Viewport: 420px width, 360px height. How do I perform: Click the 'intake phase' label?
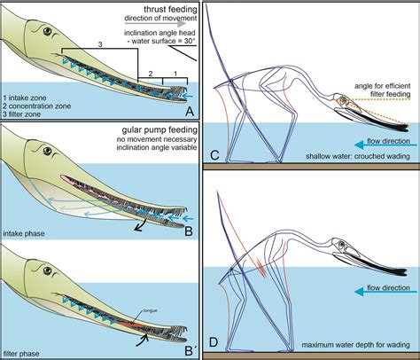[x=26, y=235]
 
